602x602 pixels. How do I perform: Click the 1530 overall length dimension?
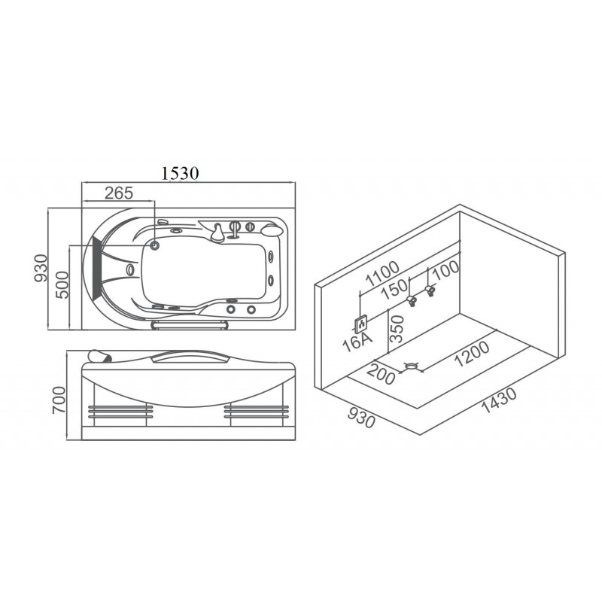(180, 173)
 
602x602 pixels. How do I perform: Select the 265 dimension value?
(119, 193)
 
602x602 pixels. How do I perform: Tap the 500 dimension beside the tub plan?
(62, 284)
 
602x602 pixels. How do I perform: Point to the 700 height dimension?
(59, 400)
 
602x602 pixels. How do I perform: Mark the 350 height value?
(397, 329)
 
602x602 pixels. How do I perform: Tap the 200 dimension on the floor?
(381, 374)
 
